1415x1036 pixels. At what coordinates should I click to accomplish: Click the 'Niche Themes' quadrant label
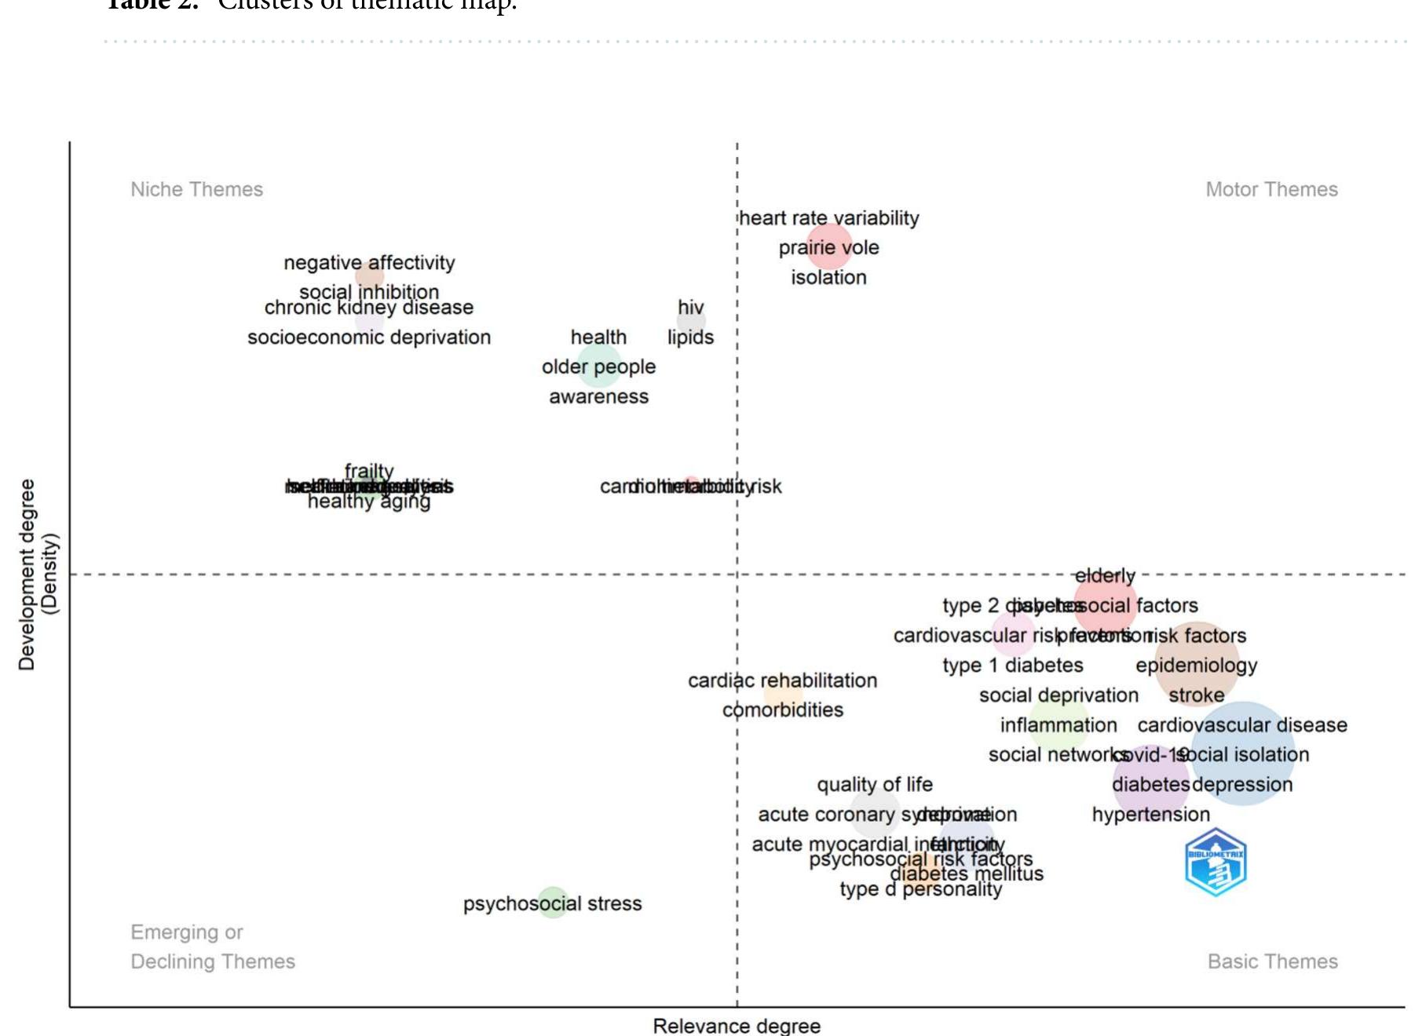click(x=196, y=189)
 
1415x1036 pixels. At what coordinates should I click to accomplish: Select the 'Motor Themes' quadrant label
click(x=1271, y=189)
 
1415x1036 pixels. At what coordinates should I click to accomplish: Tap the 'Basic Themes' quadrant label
click(x=1272, y=961)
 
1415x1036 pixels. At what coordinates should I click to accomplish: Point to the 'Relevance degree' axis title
click(x=737, y=1026)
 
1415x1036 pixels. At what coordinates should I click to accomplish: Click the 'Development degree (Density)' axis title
click(x=38, y=575)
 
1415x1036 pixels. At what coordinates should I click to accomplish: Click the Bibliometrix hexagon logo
click(x=1216, y=863)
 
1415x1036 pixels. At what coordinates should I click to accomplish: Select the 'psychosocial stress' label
click(x=552, y=903)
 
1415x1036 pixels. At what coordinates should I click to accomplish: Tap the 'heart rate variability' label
click(x=829, y=218)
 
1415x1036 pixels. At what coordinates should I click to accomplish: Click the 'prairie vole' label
click(x=828, y=248)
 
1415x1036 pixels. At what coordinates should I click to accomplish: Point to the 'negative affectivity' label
click(x=369, y=263)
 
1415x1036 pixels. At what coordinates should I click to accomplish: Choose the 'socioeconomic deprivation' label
click(x=369, y=337)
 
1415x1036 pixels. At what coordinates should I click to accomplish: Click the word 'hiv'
click(x=690, y=307)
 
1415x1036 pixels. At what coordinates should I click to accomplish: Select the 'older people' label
click(x=598, y=367)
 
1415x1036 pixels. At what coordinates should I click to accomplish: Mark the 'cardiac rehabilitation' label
click(x=782, y=680)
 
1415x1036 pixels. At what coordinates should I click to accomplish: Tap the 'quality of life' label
click(x=875, y=785)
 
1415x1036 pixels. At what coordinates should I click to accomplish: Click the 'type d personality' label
click(x=920, y=889)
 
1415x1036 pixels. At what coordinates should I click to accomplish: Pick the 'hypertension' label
click(x=1150, y=815)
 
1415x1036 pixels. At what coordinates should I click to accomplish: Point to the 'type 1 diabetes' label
click(x=1012, y=666)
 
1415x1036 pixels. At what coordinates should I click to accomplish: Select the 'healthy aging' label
click(x=369, y=502)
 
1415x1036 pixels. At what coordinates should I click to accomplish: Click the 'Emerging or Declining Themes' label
click(x=212, y=947)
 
